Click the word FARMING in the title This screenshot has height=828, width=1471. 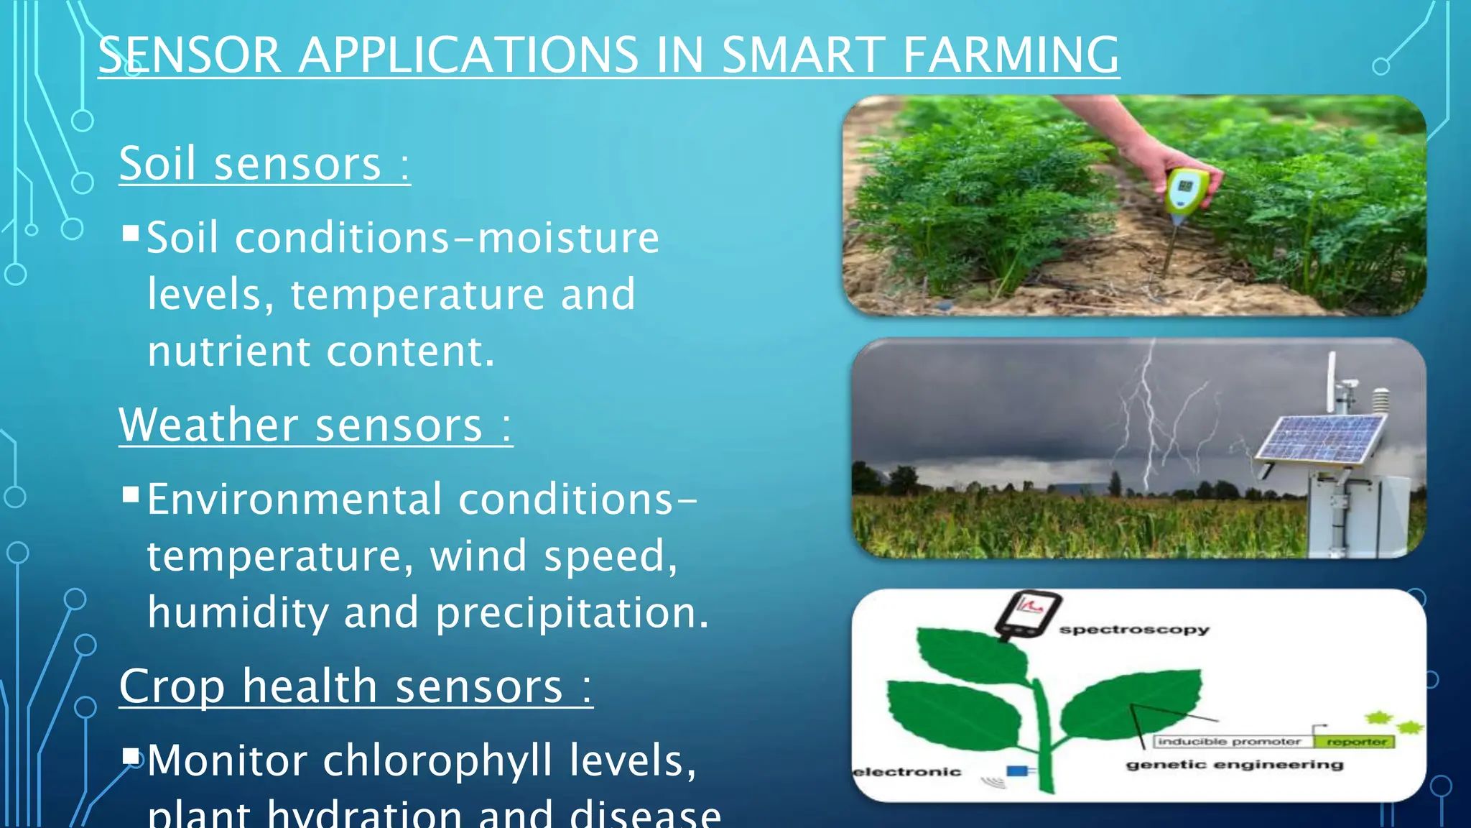click(1010, 55)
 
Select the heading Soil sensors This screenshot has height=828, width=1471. click(264, 164)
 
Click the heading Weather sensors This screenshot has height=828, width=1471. click(315, 425)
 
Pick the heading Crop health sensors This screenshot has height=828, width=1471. click(355, 686)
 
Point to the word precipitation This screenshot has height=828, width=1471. click(572, 613)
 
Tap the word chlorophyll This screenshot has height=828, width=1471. click(437, 760)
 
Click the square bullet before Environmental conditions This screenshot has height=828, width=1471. click(131, 494)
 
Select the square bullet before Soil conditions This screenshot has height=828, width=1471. click(131, 233)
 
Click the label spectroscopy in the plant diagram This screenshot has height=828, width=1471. click(1134, 630)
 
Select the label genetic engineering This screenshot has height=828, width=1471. click(1234, 765)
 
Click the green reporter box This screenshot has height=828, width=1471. click(1355, 741)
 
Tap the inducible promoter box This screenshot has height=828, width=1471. click(1230, 741)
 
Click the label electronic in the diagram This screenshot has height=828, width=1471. click(906, 772)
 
